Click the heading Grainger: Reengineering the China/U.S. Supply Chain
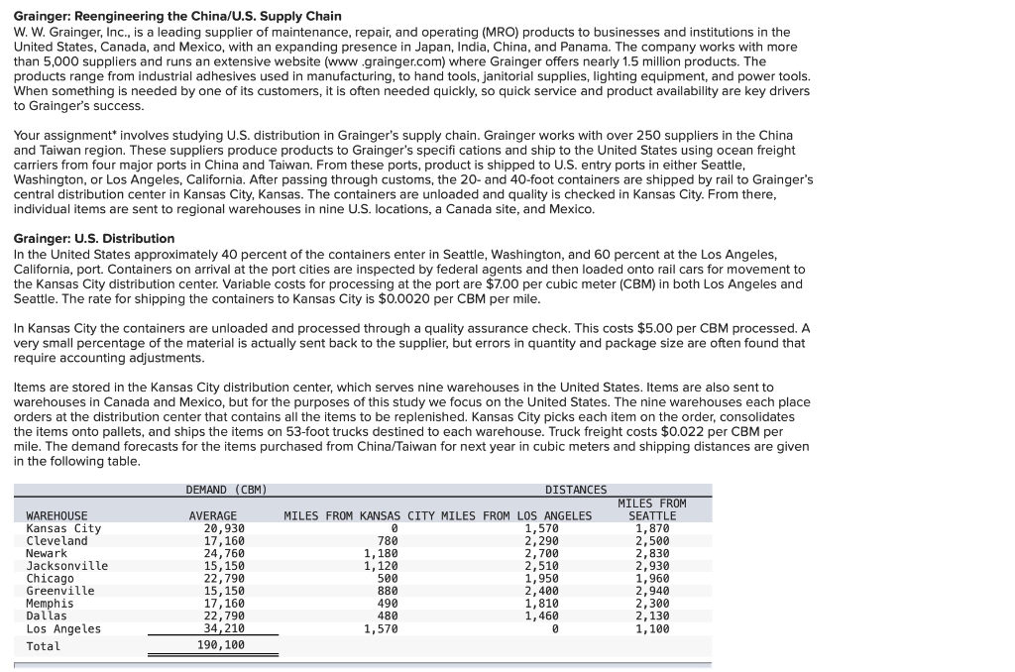177,16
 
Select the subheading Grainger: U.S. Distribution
94,239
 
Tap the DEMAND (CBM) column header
226,490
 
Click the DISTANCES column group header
576,490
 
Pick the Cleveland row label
56,541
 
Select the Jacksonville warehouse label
67,566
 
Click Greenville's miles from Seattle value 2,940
652,591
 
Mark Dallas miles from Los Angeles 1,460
541,616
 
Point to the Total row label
43,646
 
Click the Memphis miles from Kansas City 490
388,603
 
